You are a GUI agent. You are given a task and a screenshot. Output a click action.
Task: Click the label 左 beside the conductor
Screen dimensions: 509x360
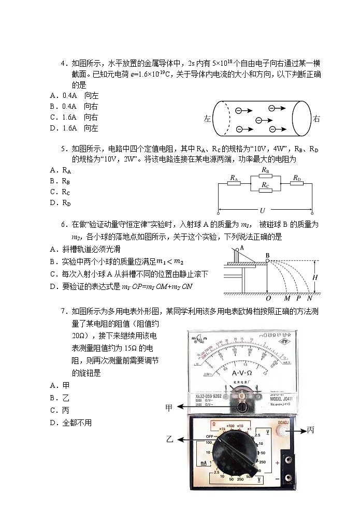click(x=208, y=119)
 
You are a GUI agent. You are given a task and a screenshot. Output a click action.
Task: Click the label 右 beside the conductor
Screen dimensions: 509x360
click(x=316, y=119)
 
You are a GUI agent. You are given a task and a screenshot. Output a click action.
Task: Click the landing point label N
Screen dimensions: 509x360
click(x=310, y=299)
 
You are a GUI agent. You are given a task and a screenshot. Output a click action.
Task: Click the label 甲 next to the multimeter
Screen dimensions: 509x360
click(x=169, y=407)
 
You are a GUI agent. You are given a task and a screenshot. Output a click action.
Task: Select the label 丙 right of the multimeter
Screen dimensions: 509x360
click(x=310, y=430)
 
